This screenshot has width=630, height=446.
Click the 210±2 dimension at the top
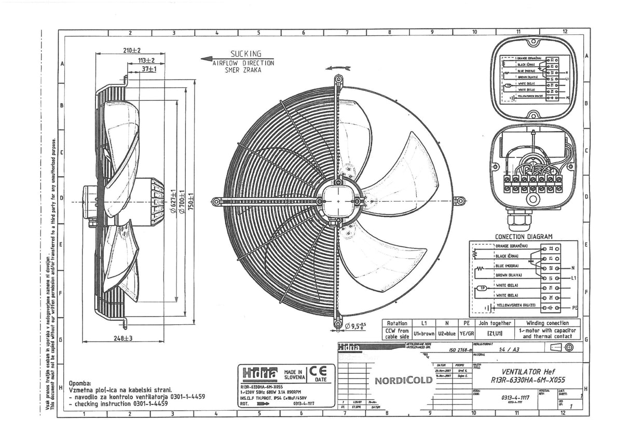click(132, 51)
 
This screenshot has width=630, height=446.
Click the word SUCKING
click(245, 54)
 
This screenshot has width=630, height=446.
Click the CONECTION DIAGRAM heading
click(523, 237)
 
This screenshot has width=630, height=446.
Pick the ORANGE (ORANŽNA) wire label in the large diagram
click(512, 246)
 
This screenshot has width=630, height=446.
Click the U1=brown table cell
click(424, 333)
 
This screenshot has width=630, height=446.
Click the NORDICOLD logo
click(404, 381)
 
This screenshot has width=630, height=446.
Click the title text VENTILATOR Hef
click(528, 372)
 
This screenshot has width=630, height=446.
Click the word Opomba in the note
click(79, 383)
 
